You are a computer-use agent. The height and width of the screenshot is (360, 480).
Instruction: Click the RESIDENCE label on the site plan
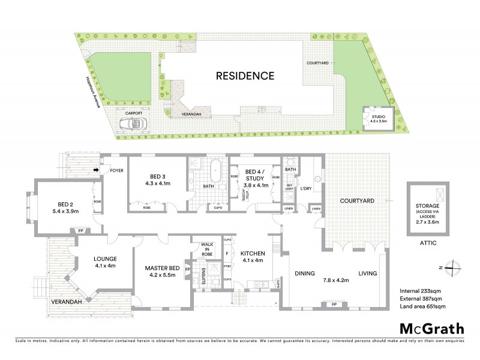point(245,76)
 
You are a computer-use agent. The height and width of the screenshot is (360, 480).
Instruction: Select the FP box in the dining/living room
point(334,305)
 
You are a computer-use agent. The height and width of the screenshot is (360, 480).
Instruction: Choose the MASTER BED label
point(158,272)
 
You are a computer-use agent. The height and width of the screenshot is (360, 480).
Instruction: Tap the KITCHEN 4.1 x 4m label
point(251,256)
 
